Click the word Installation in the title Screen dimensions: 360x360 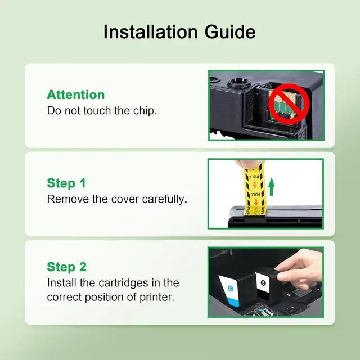coord(150,31)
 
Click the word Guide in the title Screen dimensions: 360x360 coord(230,31)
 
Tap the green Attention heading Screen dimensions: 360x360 coord(76,94)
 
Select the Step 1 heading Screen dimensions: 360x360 coord(66,183)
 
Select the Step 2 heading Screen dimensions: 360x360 coord(66,267)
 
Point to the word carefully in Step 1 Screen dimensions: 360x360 coord(165,199)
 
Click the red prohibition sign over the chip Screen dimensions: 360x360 coord(289,103)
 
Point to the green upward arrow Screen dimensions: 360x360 coord(271,187)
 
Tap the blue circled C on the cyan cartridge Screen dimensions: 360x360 coord(230,289)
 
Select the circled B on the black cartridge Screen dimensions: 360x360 coord(263,283)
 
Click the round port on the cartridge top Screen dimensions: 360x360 coord(238,82)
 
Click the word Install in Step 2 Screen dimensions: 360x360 coord(62,283)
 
